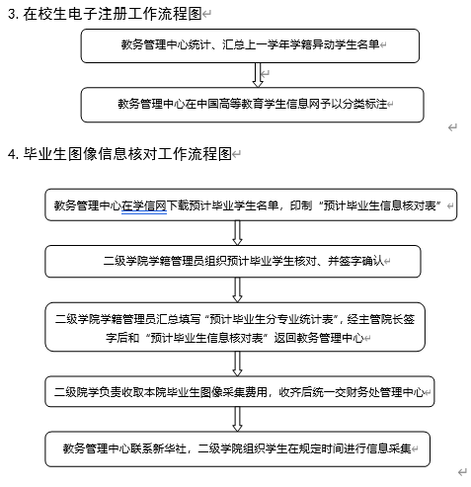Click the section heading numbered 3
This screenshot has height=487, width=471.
[x=105, y=14]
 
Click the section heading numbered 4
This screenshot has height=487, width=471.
[x=119, y=154]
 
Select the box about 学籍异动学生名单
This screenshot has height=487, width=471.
[x=250, y=45]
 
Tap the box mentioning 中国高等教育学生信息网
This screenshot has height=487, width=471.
[x=253, y=105]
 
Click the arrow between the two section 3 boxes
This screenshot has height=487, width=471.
[x=258, y=75]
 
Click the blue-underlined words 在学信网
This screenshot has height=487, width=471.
[x=144, y=205]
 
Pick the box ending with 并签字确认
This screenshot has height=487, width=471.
[x=233, y=262]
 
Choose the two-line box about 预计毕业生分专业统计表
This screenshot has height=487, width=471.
[x=235, y=327]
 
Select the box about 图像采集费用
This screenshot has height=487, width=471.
[x=240, y=391]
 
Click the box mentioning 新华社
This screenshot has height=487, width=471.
[x=238, y=449]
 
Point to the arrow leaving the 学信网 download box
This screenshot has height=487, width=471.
[x=237, y=233]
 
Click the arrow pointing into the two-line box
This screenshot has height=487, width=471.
[x=237, y=290]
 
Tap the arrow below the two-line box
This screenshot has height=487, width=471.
[x=237, y=364]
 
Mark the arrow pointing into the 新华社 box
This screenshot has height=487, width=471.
[x=237, y=419]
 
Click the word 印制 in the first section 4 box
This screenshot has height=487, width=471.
[x=301, y=205]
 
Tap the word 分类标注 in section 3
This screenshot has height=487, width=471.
[x=365, y=104]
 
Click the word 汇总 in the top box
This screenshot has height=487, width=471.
[x=233, y=44]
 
